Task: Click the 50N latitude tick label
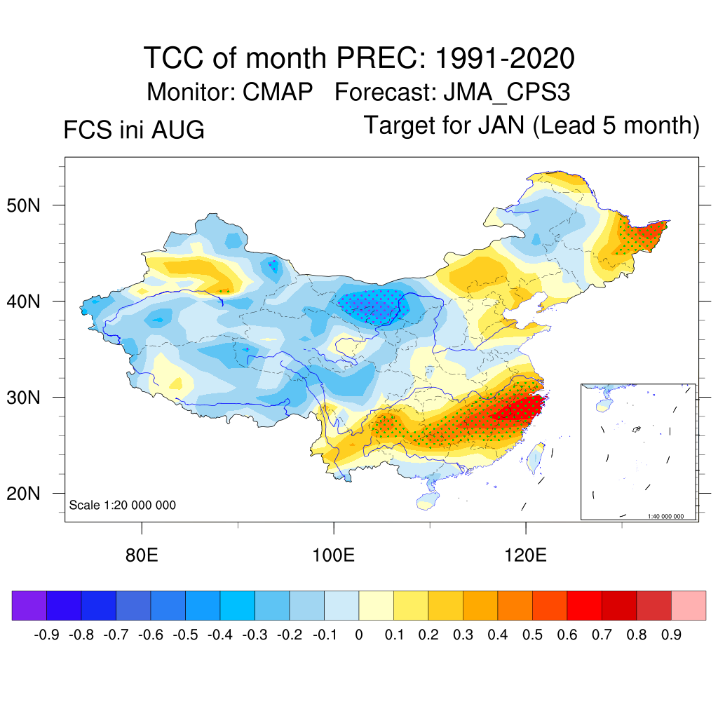coord(23,205)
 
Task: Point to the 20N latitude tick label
coord(23,494)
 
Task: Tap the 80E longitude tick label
coord(142,555)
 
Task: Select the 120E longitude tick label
coord(526,555)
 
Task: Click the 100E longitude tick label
coord(333,555)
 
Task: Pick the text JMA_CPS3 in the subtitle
coord(507,93)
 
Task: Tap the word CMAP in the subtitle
coord(278,92)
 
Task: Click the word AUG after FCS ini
coord(178,130)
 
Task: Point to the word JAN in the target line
coord(501,125)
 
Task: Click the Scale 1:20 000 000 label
coord(122,505)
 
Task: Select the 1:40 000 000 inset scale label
coord(665,516)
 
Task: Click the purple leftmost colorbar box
coord(29,605)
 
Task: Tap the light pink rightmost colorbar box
coord(689,605)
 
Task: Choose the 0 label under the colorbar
coord(359,635)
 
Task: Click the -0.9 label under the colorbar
coord(46,635)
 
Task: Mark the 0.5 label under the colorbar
coord(533,635)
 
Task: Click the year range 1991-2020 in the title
coord(505,58)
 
